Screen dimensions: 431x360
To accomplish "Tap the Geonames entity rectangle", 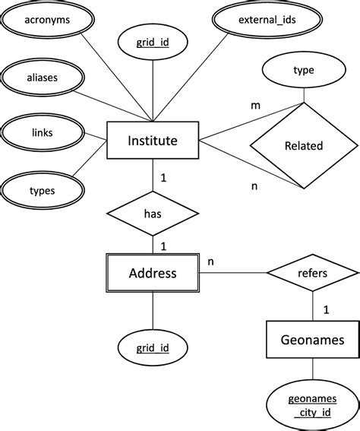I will (x=311, y=339).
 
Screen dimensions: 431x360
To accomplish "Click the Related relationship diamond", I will (x=303, y=145).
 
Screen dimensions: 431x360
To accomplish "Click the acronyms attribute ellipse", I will (x=46, y=21).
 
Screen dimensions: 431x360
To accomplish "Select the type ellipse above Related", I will (x=303, y=71).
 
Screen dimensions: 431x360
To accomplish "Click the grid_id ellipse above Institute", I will (x=153, y=44).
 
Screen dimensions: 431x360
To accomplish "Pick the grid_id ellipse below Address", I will (x=153, y=349).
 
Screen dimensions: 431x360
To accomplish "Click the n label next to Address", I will (x=210, y=261).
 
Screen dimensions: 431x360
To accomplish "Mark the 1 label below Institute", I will (x=163, y=179).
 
